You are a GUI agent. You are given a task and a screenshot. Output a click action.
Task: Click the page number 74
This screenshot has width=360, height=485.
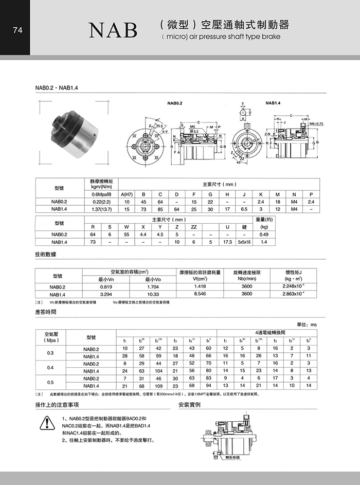[x=17, y=30]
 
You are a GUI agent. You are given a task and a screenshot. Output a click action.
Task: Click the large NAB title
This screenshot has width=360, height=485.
[x=114, y=30]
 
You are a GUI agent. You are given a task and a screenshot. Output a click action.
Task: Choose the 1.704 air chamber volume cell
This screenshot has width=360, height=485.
[x=153, y=286]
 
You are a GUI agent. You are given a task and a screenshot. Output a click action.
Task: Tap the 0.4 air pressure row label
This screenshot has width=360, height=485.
[x=50, y=367]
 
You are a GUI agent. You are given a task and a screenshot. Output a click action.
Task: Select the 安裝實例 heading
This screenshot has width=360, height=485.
[x=189, y=405]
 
